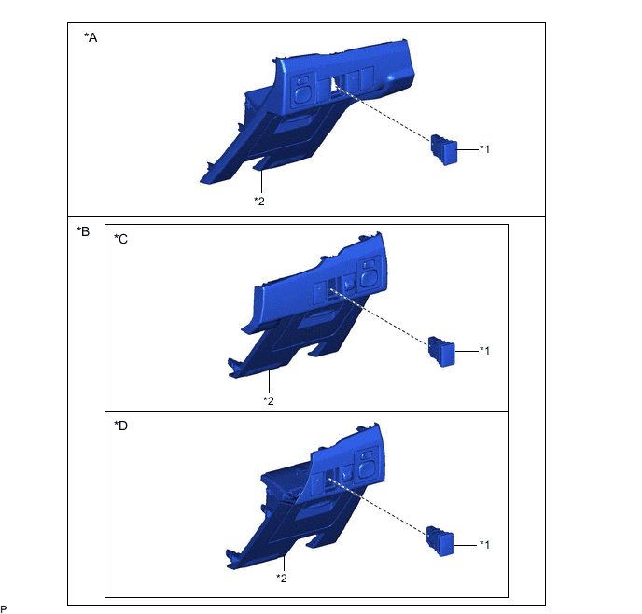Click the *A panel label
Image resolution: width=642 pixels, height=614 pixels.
[91, 37]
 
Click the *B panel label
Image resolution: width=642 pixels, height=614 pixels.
[83, 231]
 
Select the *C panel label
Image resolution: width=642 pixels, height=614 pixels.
[120, 239]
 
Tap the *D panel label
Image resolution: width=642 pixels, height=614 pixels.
[120, 426]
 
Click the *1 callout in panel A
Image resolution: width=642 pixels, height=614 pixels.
[484, 149]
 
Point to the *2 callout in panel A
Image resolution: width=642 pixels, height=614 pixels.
[259, 201]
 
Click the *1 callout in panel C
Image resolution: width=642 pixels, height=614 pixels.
[484, 350]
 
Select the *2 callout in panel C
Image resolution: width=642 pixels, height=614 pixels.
[269, 400]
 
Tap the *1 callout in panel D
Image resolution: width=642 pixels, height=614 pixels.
[484, 544]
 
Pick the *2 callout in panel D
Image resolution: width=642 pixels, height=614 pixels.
[282, 578]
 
